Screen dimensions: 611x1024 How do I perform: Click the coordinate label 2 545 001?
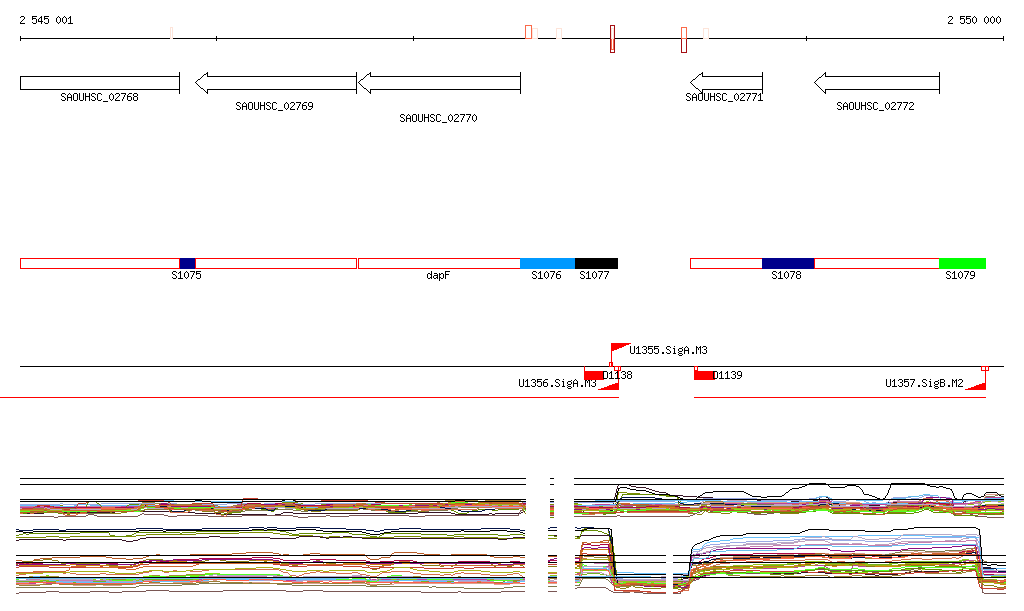pos(46,20)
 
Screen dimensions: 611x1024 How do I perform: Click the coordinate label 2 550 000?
pos(973,20)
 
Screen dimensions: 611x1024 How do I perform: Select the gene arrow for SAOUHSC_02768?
pos(99,82)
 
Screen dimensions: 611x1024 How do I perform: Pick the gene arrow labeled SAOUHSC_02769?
pos(275,82)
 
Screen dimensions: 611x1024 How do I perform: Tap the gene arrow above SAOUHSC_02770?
pos(439,82)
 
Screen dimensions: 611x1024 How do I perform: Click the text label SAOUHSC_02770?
pos(438,118)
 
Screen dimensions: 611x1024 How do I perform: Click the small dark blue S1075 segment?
pos(187,263)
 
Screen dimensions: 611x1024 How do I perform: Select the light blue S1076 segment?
pos(547,263)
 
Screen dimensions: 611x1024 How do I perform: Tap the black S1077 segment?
pos(596,263)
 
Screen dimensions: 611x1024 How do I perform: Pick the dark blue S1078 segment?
pos(788,263)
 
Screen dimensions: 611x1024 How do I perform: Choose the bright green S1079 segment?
pos(962,263)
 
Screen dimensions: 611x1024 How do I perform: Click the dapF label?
pos(438,275)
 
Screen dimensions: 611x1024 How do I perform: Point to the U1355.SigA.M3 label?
pos(668,350)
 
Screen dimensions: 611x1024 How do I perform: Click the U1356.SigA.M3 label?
pos(557,383)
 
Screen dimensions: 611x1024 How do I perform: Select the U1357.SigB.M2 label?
pos(924,383)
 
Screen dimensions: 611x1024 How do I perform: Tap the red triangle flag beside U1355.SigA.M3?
pos(618,348)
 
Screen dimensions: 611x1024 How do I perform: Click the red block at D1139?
pos(704,375)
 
